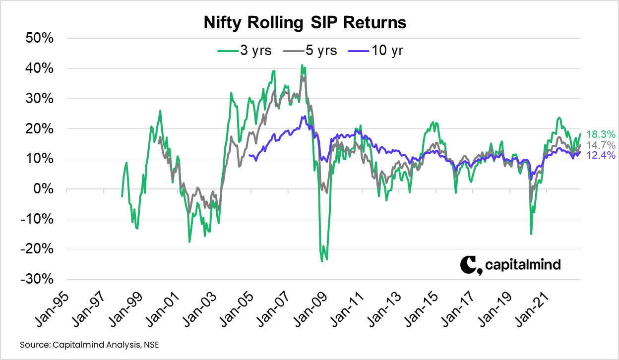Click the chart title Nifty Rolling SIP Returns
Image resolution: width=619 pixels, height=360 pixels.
pyautogui.click(x=305, y=23)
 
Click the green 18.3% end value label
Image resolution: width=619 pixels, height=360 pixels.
pyautogui.click(x=601, y=134)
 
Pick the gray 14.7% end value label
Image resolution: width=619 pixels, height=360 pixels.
pyautogui.click(x=601, y=145)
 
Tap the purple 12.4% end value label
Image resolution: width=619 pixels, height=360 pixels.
pyautogui.click(x=601, y=156)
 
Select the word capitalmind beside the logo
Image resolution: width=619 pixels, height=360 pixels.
pyautogui.click(x=523, y=265)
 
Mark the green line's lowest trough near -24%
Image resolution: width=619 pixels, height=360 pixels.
pyautogui.click(x=322, y=261)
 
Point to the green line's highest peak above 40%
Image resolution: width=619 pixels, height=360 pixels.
pyautogui.click(x=302, y=65)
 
